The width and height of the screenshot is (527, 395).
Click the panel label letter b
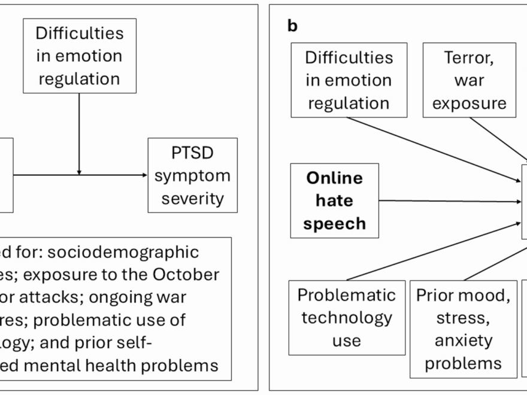pos(292,26)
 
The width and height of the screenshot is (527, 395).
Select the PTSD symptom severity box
pos(192,175)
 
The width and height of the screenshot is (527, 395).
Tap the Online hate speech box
pos(335,200)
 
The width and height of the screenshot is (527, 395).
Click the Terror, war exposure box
pos(469,80)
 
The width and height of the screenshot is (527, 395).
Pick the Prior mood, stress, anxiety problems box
pos(463,329)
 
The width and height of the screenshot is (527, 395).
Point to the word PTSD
pos(192,153)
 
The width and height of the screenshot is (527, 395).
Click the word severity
pos(192,198)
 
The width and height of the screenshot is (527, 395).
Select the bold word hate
pos(334,200)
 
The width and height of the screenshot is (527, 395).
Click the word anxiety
pos(463,341)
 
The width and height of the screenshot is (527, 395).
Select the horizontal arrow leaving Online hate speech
pos(449,201)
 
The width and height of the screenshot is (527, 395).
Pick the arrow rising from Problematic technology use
pos(431,252)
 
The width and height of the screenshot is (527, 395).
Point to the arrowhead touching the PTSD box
pos(144,175)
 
